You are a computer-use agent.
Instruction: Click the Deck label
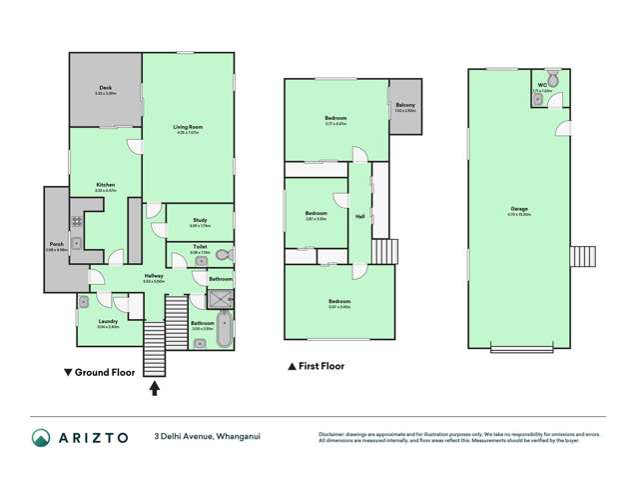point(106,89)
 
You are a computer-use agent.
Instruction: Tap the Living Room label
point(187,128)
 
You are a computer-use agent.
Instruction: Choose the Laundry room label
point(107,323)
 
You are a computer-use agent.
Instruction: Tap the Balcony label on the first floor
point(404,104)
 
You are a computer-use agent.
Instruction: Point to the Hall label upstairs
point(359,216)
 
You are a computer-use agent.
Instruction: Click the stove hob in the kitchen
point(74,221)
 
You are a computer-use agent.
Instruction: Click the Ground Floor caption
point(104,371)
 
